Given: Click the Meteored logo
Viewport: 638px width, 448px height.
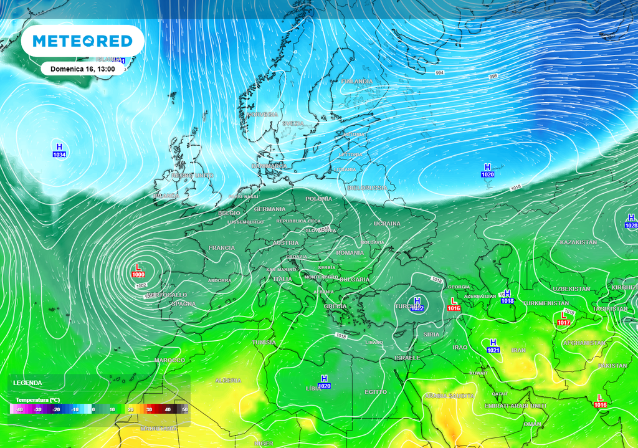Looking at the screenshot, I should (82, 41).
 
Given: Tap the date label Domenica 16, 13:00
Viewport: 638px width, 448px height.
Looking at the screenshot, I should (82, 69).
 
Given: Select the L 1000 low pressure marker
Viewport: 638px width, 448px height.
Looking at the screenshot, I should (138, 271).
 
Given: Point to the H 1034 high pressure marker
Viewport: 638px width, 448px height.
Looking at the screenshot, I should (60, 150).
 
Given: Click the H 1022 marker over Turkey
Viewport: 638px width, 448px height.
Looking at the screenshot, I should (417, 304).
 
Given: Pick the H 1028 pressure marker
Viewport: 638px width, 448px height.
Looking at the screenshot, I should (631, 221).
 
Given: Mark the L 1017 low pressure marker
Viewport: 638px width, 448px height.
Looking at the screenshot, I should (563, 319).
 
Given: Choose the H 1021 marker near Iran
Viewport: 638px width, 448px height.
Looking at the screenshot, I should (493, 346).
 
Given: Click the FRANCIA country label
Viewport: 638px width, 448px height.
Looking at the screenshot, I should (222, 248).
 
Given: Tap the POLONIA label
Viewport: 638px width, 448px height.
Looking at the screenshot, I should (319, 199).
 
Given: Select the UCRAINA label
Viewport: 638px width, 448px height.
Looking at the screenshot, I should (387, 223).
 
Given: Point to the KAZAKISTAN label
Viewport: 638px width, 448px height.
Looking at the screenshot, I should (578, 242).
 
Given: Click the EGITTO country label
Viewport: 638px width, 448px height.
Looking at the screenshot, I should (376, 391).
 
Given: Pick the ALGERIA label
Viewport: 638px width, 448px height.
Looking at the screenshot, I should (227, 380).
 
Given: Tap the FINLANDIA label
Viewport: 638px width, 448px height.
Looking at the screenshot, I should (357, 82).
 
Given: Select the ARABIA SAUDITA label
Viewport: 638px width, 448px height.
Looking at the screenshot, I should (449, 396).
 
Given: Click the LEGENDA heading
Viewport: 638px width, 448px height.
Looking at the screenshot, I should (29, 383).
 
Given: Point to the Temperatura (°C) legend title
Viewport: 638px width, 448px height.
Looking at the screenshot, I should (37, 399).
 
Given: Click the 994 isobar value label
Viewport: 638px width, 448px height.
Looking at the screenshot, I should (440, 73).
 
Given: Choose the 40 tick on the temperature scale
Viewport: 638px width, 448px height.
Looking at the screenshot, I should (168, 409).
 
